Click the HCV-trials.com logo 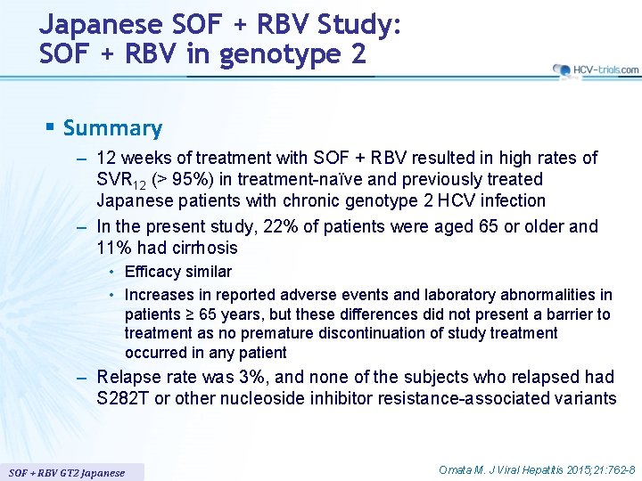pyautogui.click(x=595, y=69)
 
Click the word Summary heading pyautogui.click(x=112, y=128)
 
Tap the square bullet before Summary pyautogui.click(x=50, y=128)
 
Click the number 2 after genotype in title pyautogui.click(x=358, y=54)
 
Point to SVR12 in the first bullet pyautogui.click(x=119, y=180)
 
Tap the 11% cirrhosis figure pyautogui.click(x=113, y=248)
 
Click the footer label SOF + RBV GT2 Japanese pyautogui.click(x=67, y=472)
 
